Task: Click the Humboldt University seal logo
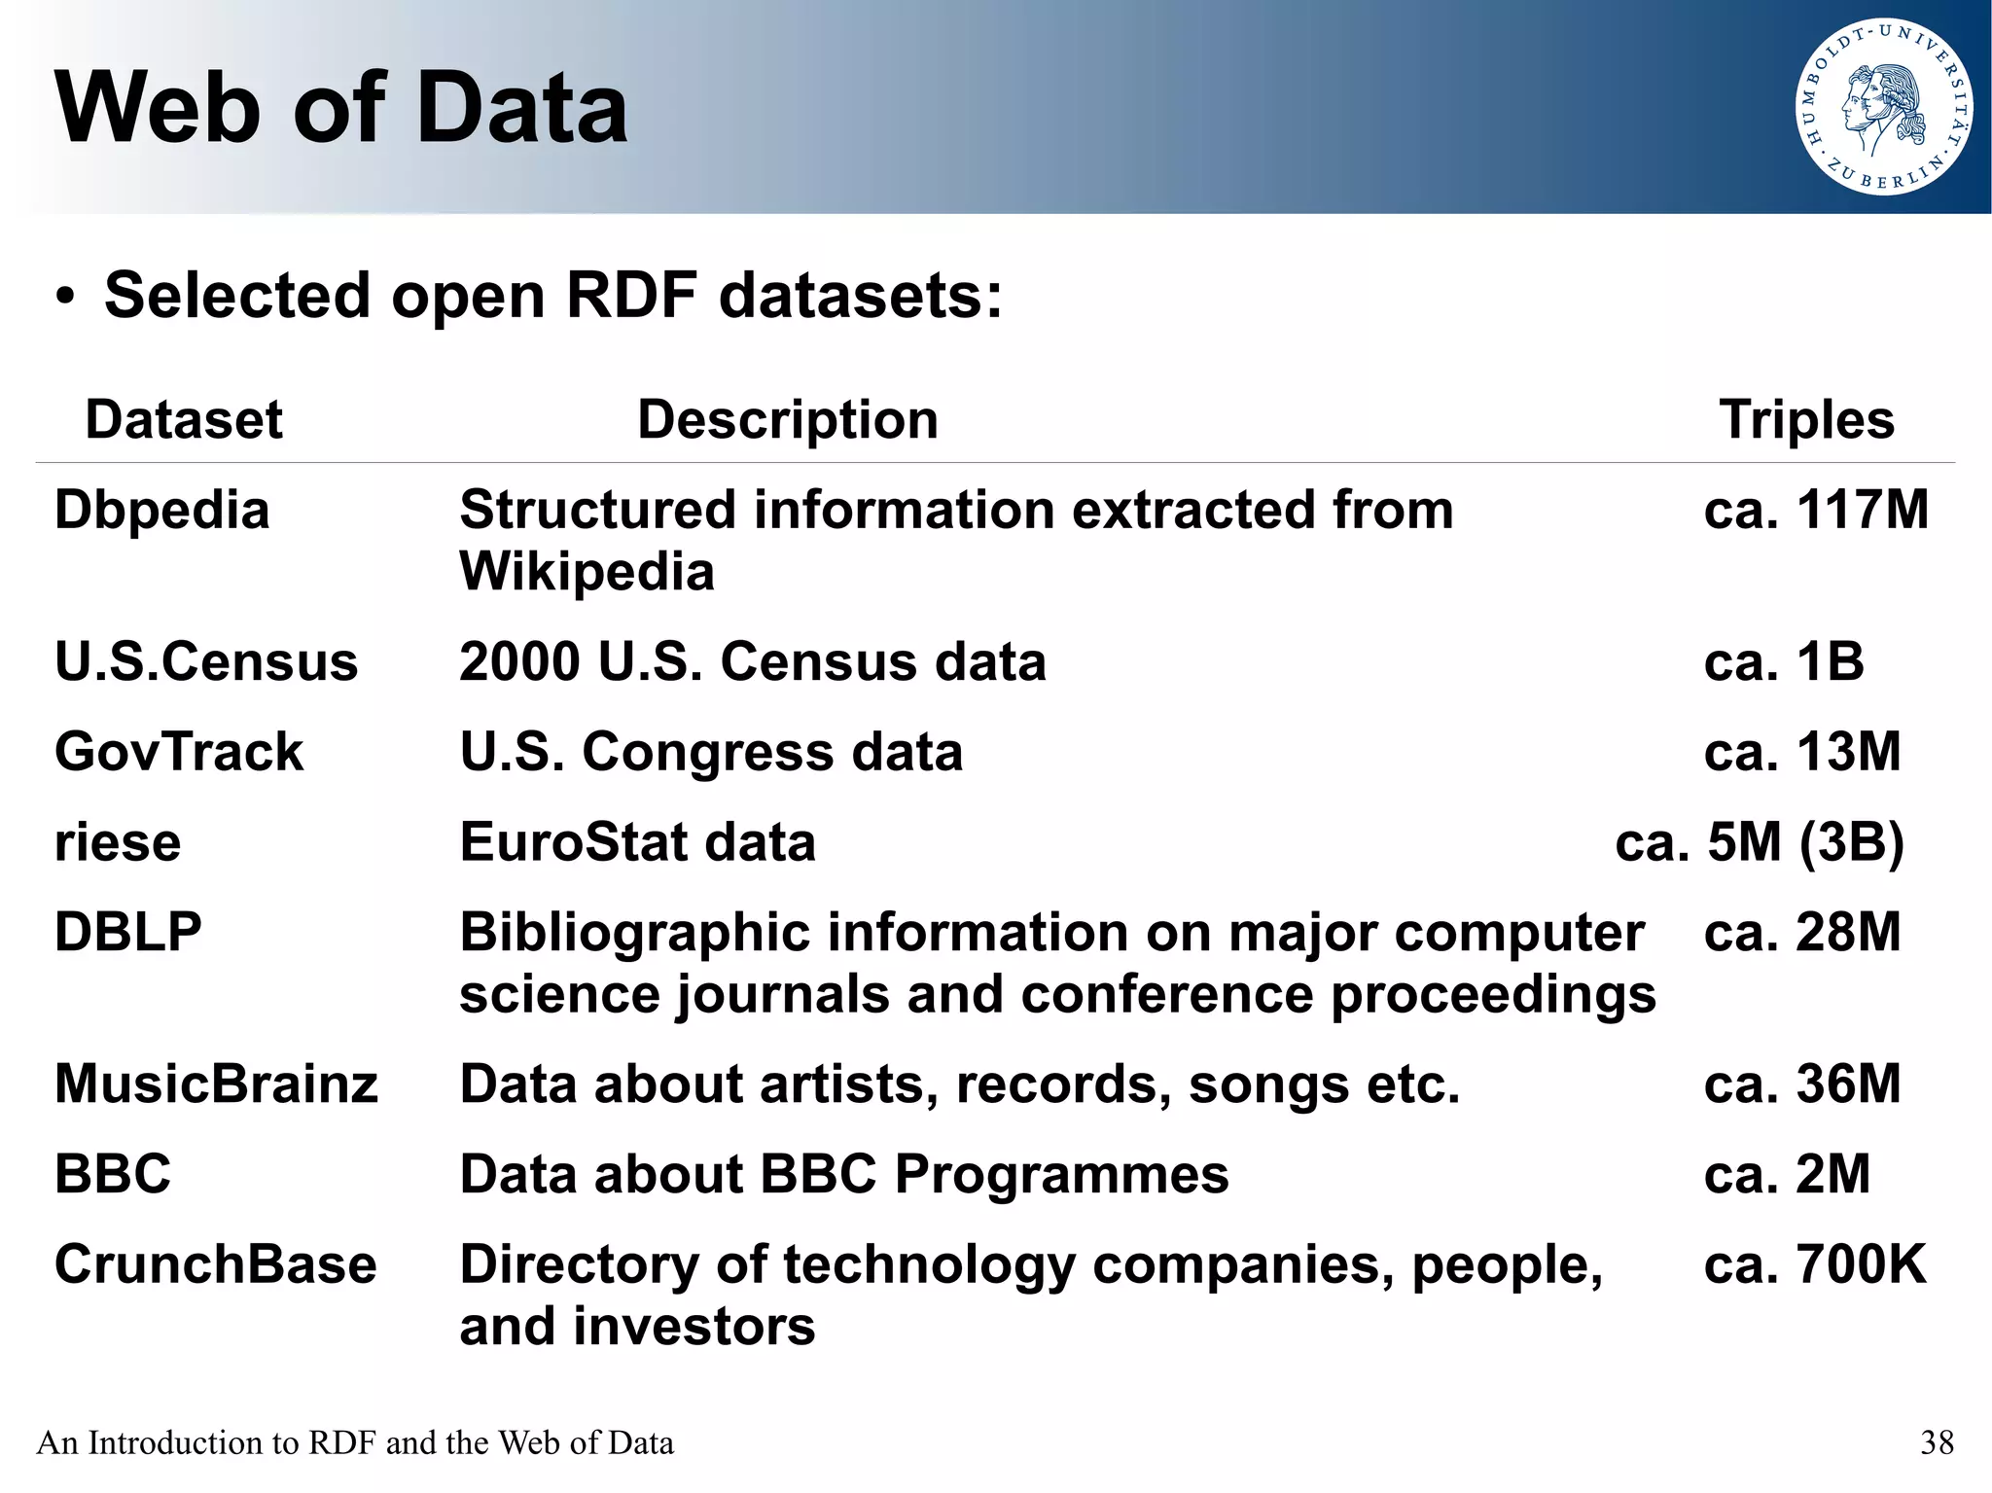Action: coord(1883,107)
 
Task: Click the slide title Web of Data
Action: coord(341,108)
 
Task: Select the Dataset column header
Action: coord(184,420)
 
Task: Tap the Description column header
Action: coord(787,420)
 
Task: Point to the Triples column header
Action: coord(1806,420)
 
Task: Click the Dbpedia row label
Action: coord(161,511)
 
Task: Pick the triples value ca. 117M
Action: coord(1815,511)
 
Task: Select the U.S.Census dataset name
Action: coord(206,662)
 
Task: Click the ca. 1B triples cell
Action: coord(1783,662)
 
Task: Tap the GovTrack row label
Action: coord(179,753)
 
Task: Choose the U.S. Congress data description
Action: coord(711,753)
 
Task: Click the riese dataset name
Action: coord(118,842)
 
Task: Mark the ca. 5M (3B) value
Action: coord(1759,842)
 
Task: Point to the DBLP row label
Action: coord(127,933)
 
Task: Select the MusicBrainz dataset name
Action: coord(216,1084)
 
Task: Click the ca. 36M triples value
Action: coord(1801,1084)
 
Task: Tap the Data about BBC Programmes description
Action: coord(843,1175)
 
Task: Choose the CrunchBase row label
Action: coord(215,1265)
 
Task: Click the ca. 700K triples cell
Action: coord(1814,1265)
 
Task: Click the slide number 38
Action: coord(1937,1442)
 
